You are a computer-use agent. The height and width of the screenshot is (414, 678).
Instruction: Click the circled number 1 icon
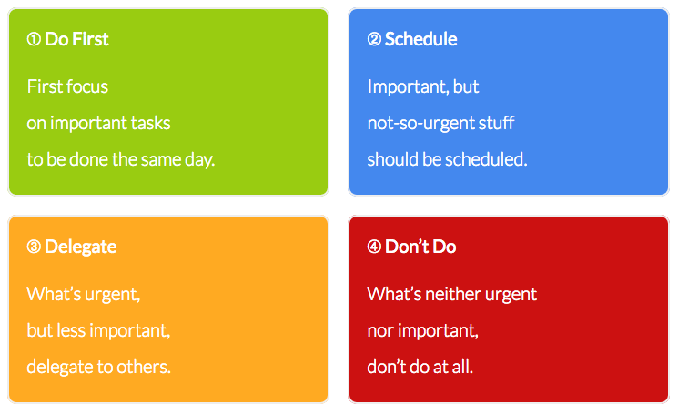[x=34, y=39]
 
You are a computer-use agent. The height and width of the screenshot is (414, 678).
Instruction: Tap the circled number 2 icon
[x=374, y=39]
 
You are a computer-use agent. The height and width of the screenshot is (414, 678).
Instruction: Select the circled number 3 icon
[x=34, y=247]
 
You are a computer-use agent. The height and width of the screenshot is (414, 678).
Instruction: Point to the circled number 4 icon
[x=374, y=247]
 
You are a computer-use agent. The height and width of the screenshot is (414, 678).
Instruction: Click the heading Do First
[x=76, y=39]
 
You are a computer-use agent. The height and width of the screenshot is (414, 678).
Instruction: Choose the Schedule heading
[x=420, y=39]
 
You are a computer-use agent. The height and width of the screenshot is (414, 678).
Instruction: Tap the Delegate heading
[x=80, y=247]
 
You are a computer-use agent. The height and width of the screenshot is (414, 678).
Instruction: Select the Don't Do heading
[x=420, y=247]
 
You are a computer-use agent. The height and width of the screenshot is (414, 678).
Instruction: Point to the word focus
[x=88, y=86]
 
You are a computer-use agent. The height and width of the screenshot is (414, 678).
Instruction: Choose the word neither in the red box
[x=453, y=294]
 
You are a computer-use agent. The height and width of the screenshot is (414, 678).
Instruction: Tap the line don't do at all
[x=420, y=367]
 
